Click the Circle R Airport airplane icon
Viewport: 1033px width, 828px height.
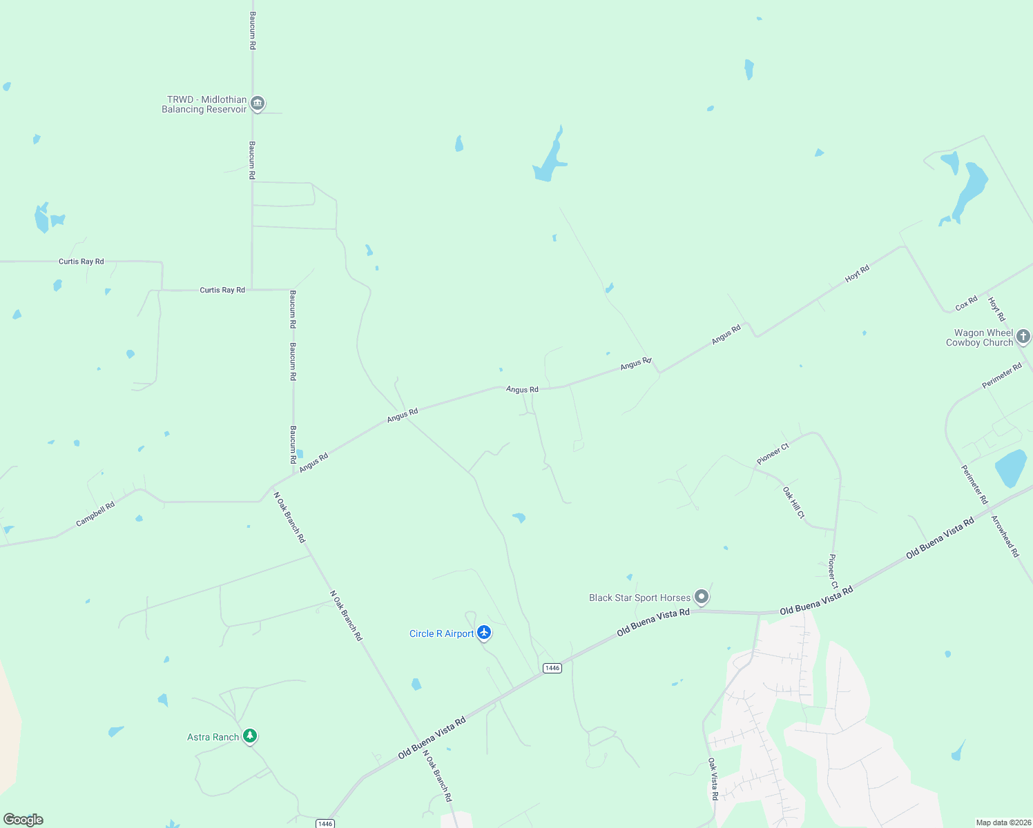tap(484, 632)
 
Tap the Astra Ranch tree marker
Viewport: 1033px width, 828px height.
tap(250, 736)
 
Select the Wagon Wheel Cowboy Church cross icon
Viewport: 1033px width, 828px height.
tap(1023, 336)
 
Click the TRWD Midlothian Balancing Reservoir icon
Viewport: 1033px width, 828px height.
tap(258, 103)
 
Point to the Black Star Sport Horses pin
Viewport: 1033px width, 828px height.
tap(702, 596)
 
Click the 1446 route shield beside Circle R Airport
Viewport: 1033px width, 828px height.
tap(552, 668)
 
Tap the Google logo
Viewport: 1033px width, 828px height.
tap(23, 820)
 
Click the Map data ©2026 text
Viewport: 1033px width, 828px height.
tap(1003, 822)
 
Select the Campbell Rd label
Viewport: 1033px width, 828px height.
tap(95, 514)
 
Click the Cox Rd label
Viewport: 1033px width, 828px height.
tap(966, 303)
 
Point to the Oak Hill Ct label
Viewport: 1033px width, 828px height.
tap(793, 502)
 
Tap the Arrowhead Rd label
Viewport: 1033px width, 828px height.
tap(1005, 536)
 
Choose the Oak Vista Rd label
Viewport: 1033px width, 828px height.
tap(713, 779)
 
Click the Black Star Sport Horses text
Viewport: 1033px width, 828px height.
tap(639, 598)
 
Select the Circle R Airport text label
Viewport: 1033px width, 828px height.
tap(441, 633)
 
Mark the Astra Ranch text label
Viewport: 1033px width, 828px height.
tap(213, 737)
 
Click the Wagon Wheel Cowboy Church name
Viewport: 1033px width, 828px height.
tap(979, 337)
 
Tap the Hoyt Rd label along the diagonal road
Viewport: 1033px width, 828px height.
tap(857, 274)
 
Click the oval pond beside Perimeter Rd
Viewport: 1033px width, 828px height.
tap(1011, 468)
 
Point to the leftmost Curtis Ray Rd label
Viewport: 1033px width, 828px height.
tap(81, 262)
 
